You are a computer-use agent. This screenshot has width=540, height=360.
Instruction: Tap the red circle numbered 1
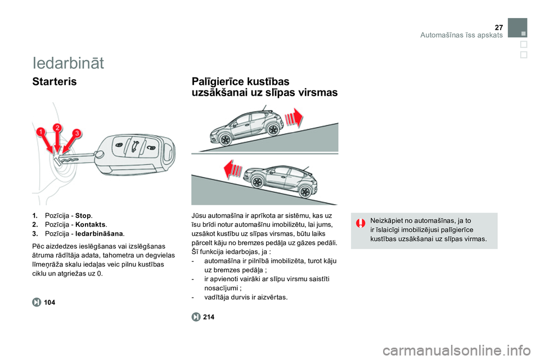pyautogui.click(x=42, y=133)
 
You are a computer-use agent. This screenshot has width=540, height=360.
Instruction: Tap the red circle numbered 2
pyautogui.click(x=57, y=128)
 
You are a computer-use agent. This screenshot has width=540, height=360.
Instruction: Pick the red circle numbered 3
pyautogui.click(x=76, y=133)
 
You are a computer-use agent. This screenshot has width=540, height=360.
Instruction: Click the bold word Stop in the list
pyautogui.click(x=83, y=215)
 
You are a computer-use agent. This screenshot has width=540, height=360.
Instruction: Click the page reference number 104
pyautogui.click(x=49, y=303)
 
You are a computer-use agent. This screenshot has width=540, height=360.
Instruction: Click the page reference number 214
pyautogui.click(x=209, y=317)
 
